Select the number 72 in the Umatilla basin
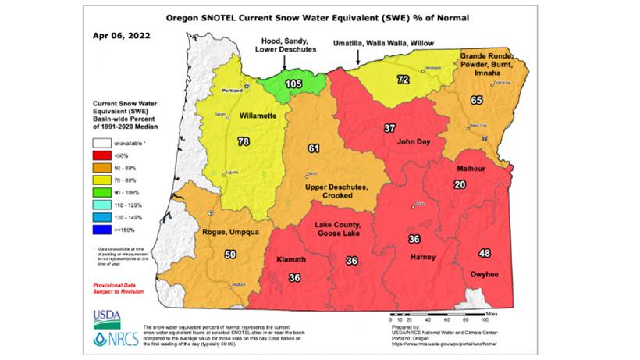click(x=404, y=80)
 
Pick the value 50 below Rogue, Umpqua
click(x=230, y=254)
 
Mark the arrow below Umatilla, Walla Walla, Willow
click(x=357, y=56)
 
